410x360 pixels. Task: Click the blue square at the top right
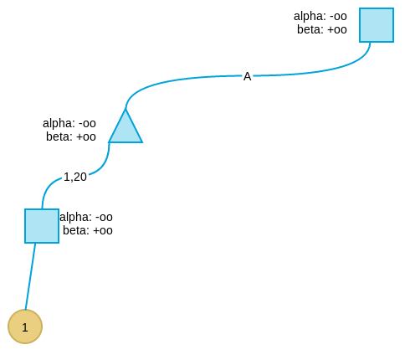[377, 25]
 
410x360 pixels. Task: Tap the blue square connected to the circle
[42, 226]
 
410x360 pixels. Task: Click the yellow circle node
[25, 327]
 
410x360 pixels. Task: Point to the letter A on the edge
[248, 76]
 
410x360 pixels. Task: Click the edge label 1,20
[75, 177]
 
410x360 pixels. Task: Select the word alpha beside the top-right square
[310, 17]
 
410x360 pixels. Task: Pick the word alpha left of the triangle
[59, 124]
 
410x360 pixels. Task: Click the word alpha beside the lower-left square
[75, 218]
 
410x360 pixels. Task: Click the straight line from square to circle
[30, 276]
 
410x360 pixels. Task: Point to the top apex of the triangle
[126, 109]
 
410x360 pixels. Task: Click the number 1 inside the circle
[25, 327]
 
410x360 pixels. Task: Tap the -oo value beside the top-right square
[338, 17]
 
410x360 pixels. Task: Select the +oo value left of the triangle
[86, 137]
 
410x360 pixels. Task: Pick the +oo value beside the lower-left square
[103, 231]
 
